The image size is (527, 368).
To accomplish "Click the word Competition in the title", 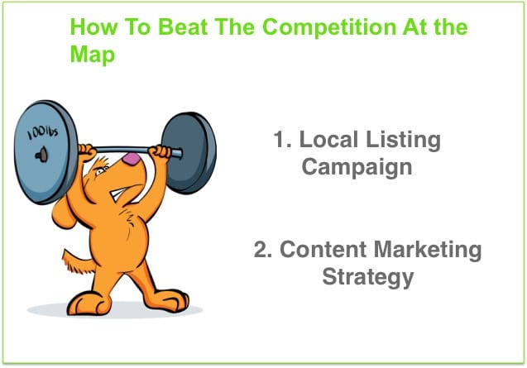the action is pyautogui.click(x=328, y=28).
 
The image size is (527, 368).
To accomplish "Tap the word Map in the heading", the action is pyautogui.click(x=93, y=55).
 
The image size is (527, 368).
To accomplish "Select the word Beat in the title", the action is pyautogui.click(x=183, y=27).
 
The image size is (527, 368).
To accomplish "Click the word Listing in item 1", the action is pyautogui.click(x=404, y=141).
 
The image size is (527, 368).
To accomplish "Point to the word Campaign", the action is pyautogui.click(x=357, y=167).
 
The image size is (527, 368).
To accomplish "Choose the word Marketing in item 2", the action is pyautogui.click(x=428, y=251).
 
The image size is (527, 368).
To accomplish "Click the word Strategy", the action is pyautogui.click(x=367, y=278).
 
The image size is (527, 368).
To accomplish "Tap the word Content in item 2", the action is pyautogui.click(x=323, y=250).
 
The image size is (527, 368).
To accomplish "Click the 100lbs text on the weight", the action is pyautogui.click(x=43, y=133).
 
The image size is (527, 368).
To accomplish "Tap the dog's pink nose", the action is pyautogui.click(x=132, y=159).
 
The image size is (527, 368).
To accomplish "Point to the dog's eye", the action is pyautogui.click(x=99, y=172).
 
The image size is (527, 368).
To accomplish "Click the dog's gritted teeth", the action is pyautogui.click(x=117, y=194).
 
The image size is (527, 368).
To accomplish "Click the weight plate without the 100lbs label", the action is pyautogui.click(x=189, y=153).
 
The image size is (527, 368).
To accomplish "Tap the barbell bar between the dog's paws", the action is pyautogui.click(x=122, y=150).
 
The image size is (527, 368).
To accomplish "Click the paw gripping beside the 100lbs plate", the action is pyautogui.click(x=86, y=153).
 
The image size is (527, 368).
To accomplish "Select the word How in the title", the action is pyautogui.click(x=93, y=27).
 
